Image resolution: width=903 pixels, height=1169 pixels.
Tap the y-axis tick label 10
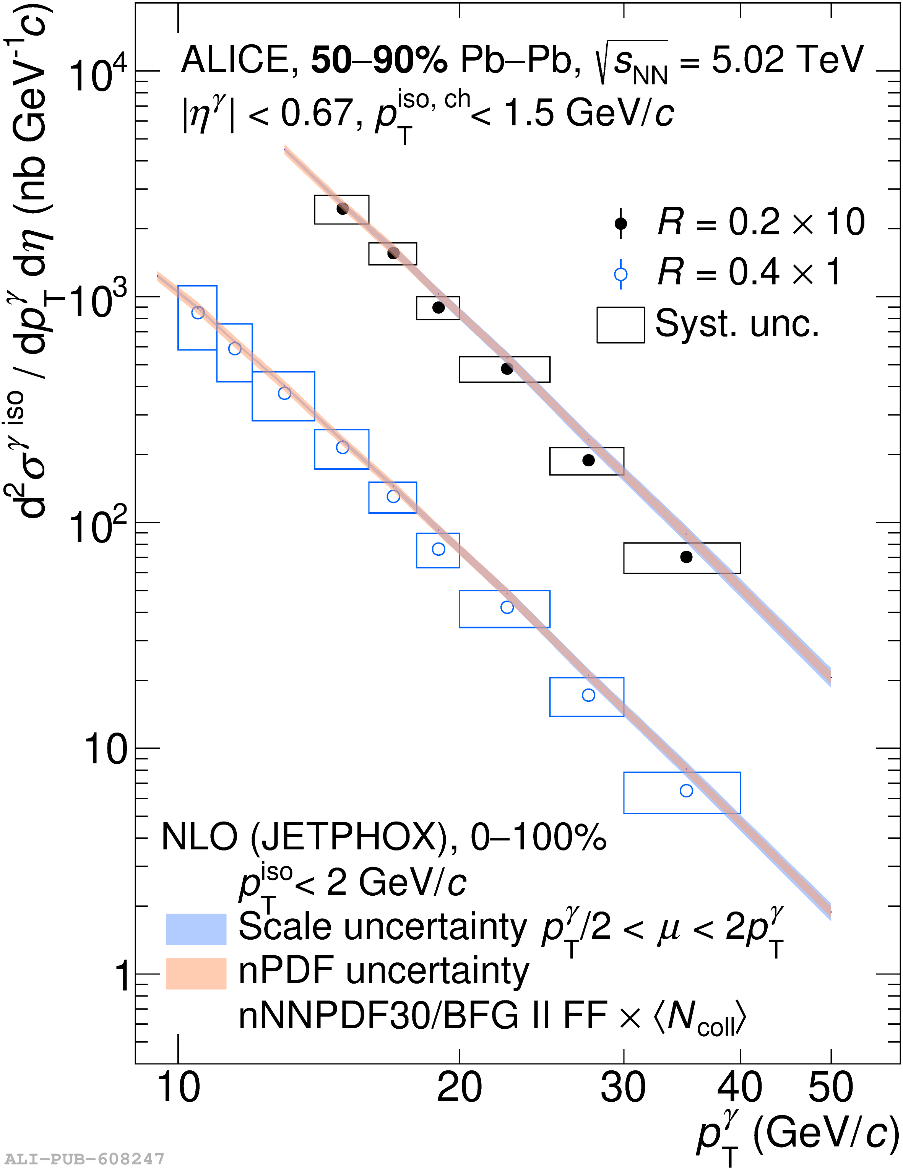tap(106, 749)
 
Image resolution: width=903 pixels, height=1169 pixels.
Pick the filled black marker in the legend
tap(620, 223)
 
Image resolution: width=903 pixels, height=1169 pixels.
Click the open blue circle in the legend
tap(620, 274)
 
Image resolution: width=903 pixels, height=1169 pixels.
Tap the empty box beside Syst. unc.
tap(620, 325)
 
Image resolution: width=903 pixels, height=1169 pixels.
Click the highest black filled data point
tap(343, 209)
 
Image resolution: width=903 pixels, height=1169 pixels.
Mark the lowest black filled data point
tap(686, 557)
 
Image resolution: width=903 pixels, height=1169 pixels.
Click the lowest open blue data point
tap(686, 791)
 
